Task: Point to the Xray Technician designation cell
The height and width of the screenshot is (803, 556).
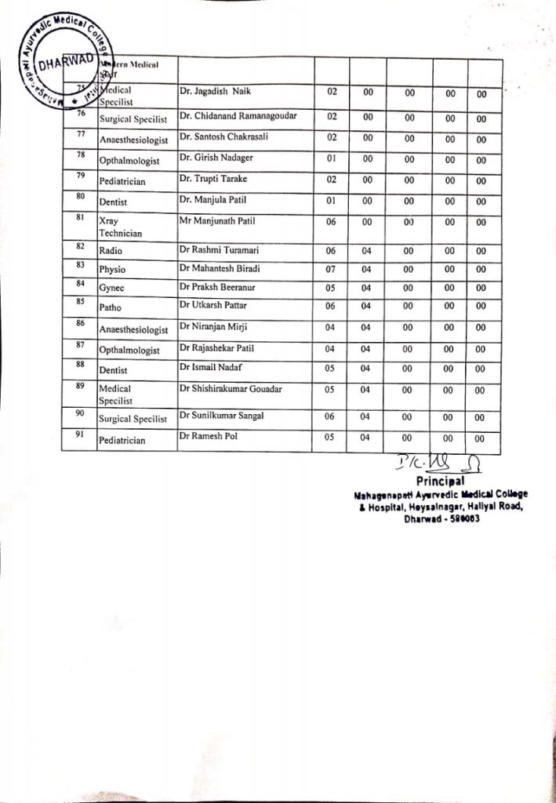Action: click(x=120, y=227)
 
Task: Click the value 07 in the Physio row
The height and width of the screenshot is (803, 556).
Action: click(x=331, y=269)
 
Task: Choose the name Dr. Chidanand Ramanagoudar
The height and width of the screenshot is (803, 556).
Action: click(x=238, y=116)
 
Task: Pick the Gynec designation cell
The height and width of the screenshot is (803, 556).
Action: click(x=112, y=288)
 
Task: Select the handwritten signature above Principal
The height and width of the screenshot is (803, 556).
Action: click(x=429, y=463)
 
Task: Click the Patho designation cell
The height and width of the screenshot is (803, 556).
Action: click(x=112, y=307)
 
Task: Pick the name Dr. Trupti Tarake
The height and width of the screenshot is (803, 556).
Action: click(x=212, y=179)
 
